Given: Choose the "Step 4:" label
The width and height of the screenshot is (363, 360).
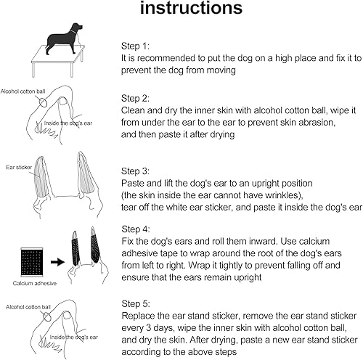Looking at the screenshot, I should [135, 229].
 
